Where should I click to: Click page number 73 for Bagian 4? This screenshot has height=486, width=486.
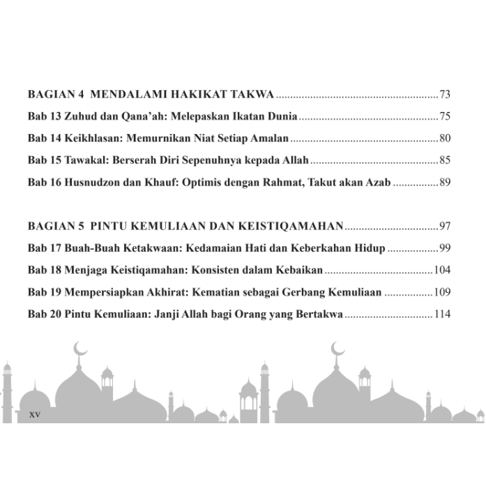pos(446,93)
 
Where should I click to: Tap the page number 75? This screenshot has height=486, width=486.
pos(446,116)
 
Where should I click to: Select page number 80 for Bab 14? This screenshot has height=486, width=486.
pos(446,138)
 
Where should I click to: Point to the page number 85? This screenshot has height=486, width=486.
pos(446,160)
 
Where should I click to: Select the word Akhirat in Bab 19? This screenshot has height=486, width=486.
pos(170,293)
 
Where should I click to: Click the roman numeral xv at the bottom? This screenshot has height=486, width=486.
pos(35,414)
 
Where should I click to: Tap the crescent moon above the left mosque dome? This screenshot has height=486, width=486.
pos(81,347)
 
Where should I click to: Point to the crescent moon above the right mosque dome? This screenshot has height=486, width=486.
pos(338,347)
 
